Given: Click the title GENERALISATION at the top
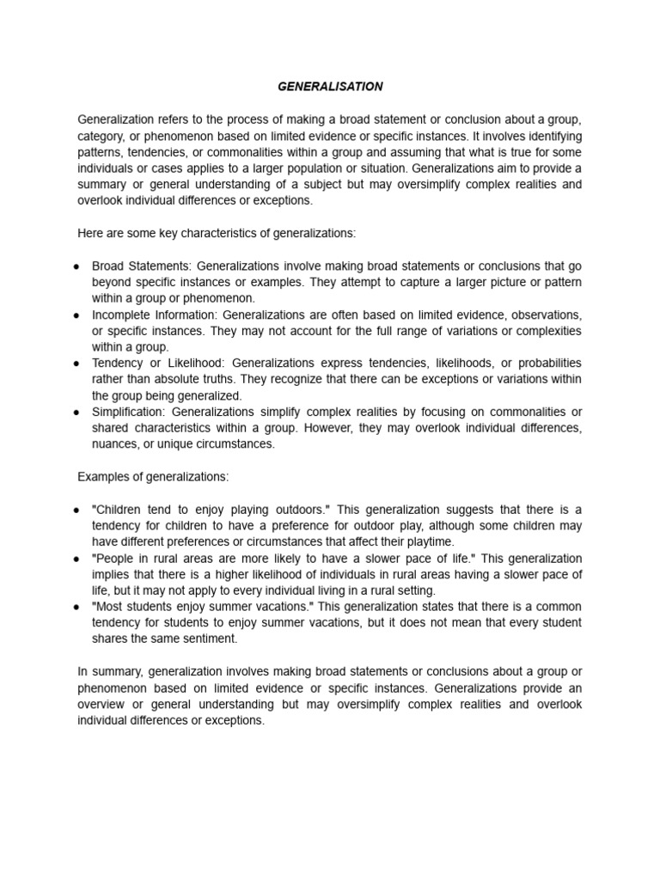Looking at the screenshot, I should pos(330,87).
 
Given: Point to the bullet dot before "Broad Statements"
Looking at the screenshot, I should pos(77,267).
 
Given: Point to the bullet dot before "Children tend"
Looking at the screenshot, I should pos(77,510).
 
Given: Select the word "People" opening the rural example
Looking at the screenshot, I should pos(112,559).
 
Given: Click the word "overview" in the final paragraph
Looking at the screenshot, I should pos(101,705).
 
